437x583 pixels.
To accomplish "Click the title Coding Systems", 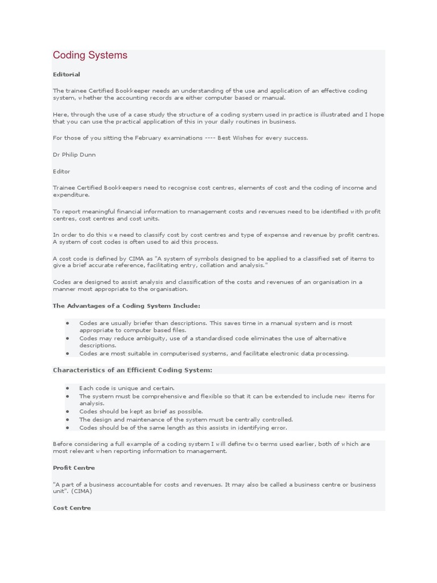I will click(90, 55).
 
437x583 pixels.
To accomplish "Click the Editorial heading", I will click(67, 74).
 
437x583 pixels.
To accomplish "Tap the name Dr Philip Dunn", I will click(74, 154).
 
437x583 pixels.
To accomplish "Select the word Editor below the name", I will click(61, 171).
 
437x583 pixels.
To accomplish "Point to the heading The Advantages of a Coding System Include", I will click(126, 306).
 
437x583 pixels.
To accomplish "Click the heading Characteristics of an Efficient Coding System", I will click(133, 370).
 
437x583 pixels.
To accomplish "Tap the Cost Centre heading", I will click(72, 507).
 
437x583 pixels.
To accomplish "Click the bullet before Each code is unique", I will click(68, 388).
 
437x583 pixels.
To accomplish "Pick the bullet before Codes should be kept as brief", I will click(68, 411).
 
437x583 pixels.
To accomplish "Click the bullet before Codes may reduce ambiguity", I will click(68, 338).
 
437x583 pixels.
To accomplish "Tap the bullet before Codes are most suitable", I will click(68, 354).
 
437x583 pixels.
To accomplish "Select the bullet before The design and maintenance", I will click(68, 420).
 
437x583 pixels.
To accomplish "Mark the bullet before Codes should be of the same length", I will click(68, 428).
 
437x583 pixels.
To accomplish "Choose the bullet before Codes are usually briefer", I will click(68, 323).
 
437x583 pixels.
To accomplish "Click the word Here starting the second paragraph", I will click(60, 114).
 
